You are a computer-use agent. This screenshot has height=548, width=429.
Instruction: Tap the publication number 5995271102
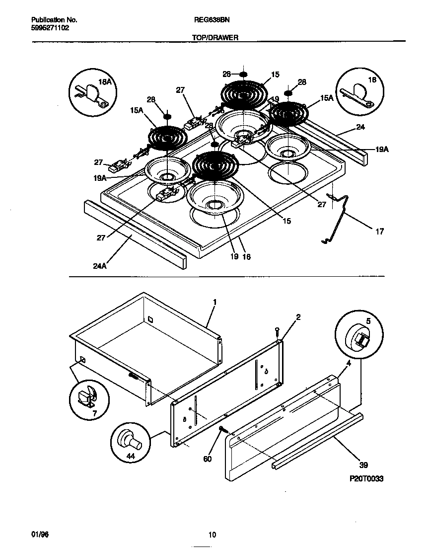50,28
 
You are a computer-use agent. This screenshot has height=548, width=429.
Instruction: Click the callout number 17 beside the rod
379,231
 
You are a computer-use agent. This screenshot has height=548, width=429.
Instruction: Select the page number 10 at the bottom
212,535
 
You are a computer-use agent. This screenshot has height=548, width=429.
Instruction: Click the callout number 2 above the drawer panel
298,317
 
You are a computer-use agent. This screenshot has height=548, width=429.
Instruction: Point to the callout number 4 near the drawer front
335,364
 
